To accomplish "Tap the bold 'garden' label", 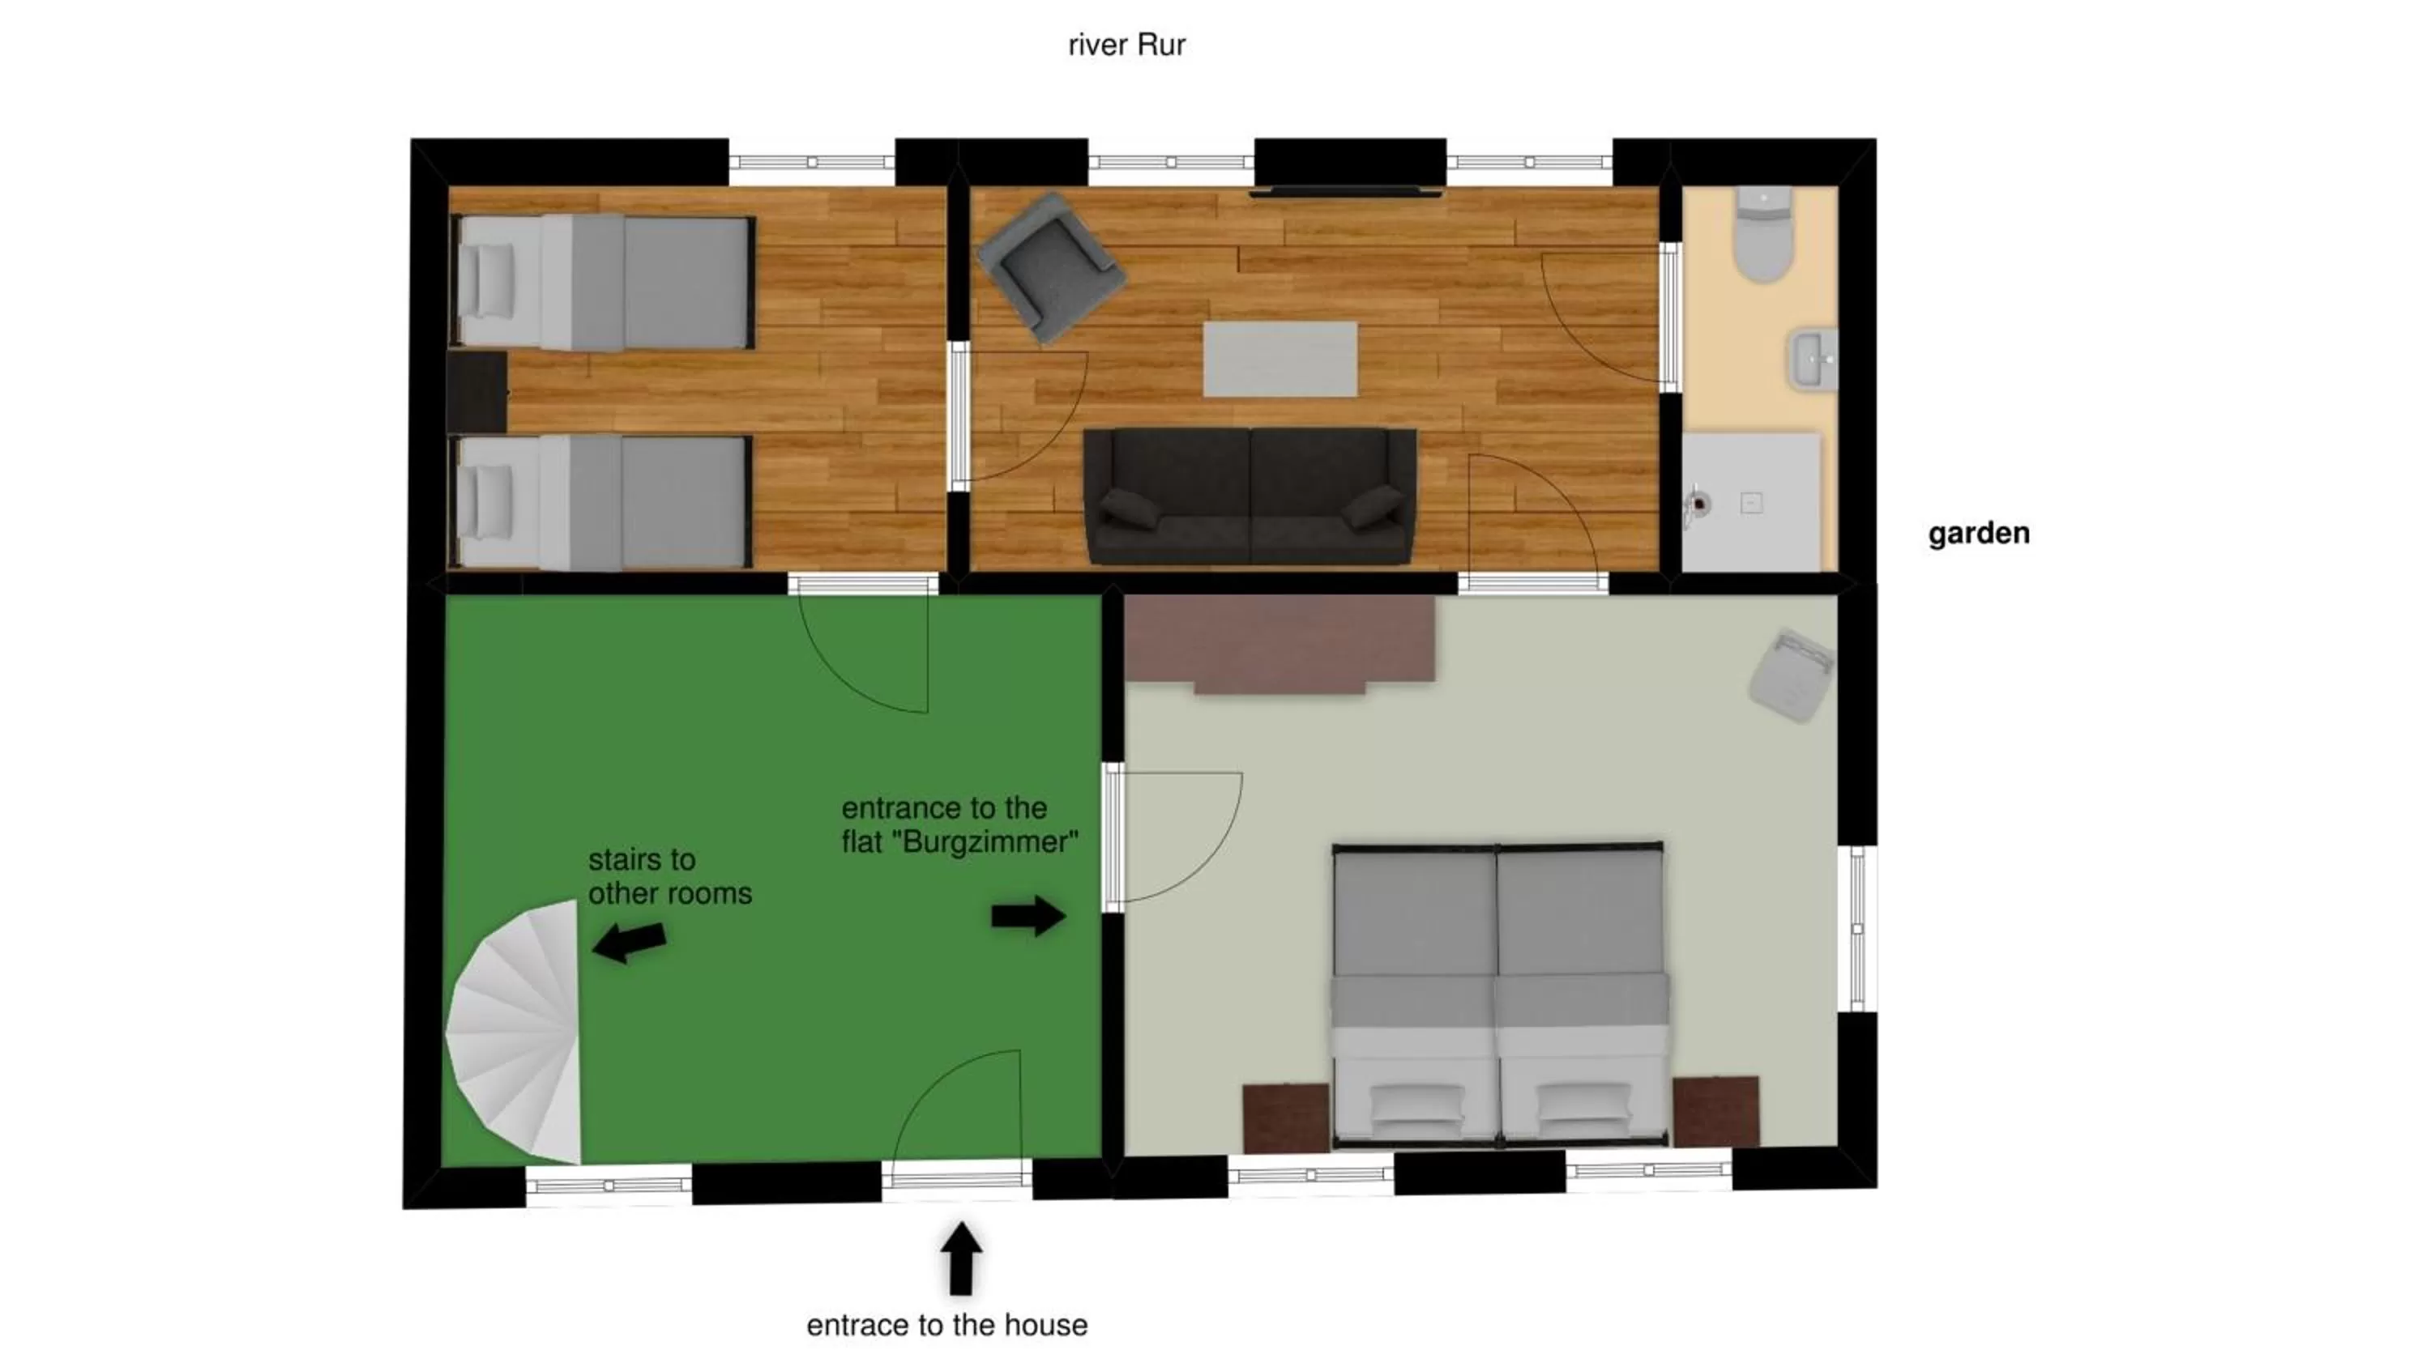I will pos(1978,534).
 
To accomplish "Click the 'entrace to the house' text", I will pos(946,1326).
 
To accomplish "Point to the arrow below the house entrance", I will pos(961,1258).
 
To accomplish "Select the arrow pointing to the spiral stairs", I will pos(630,942).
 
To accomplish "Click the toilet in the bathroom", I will pos(1762,236).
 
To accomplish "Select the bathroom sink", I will pos(1813,359).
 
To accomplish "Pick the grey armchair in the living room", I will pos(1050,266).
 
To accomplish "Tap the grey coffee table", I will pos(1280,359).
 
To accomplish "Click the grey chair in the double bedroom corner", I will pos(1790,675).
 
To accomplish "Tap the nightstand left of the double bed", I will pos(1285,1118).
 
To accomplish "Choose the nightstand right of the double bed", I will pos(1715,1111).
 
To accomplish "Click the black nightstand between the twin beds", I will pos(476,390).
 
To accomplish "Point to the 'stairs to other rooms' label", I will pos(669,876).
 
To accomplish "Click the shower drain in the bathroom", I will pos(1750,504).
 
